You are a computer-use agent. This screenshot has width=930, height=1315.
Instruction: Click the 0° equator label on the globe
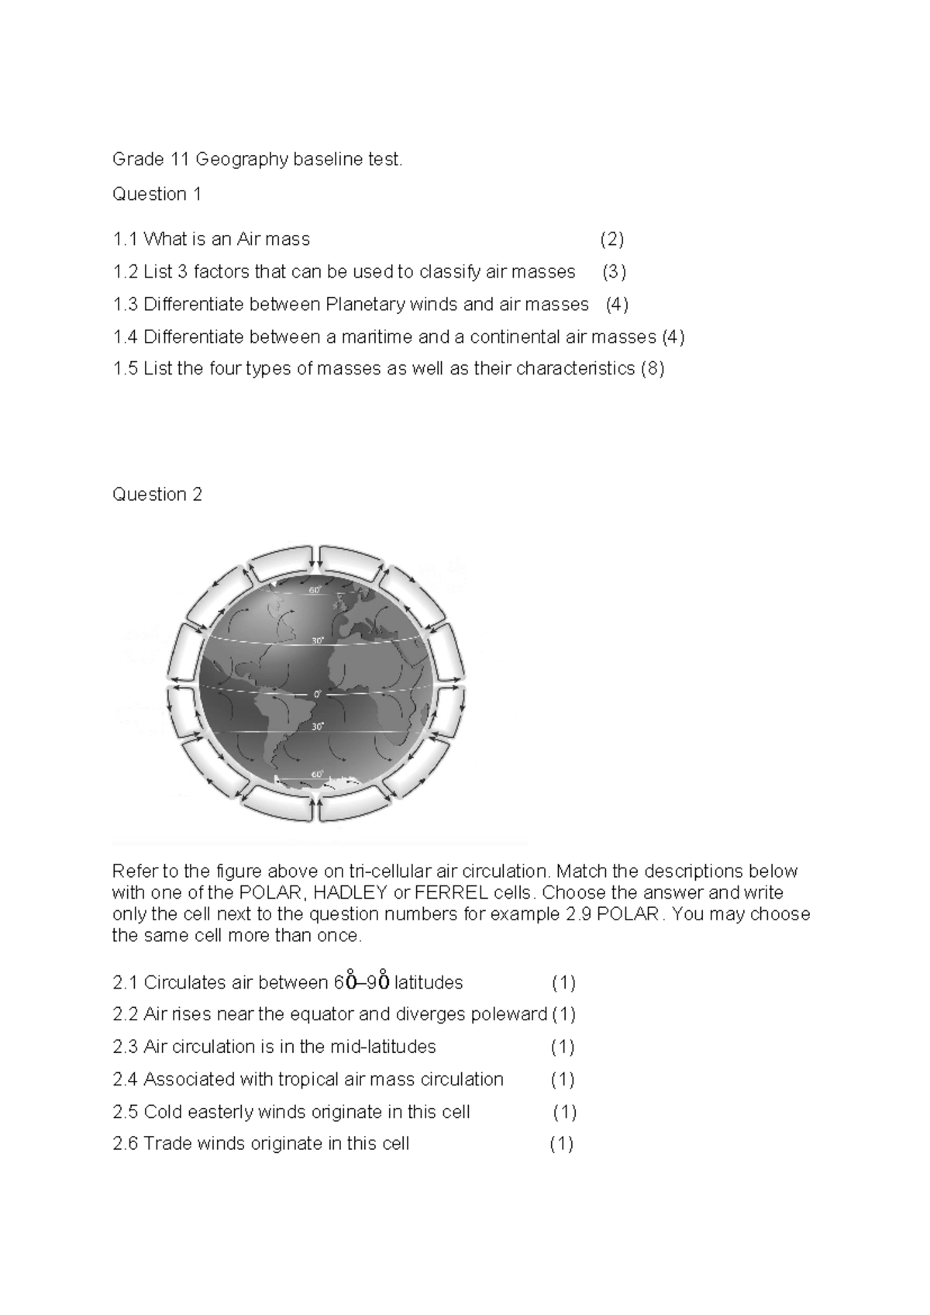[316, 695]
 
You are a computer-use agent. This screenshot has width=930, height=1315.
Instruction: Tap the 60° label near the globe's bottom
[317, 774]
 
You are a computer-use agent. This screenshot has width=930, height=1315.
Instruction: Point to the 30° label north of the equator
[317, 641]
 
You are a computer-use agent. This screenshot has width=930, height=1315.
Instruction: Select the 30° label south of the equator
[317, 727]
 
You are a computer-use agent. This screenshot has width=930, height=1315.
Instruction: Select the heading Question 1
[157, 194]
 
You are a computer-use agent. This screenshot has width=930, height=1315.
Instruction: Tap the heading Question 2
[157, 494]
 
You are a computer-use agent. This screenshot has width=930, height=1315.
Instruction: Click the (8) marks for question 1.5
[652, 368]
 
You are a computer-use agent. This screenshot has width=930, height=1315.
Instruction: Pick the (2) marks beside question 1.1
[611, 239]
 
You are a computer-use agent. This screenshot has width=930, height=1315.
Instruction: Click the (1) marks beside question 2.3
[562, 1047]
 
